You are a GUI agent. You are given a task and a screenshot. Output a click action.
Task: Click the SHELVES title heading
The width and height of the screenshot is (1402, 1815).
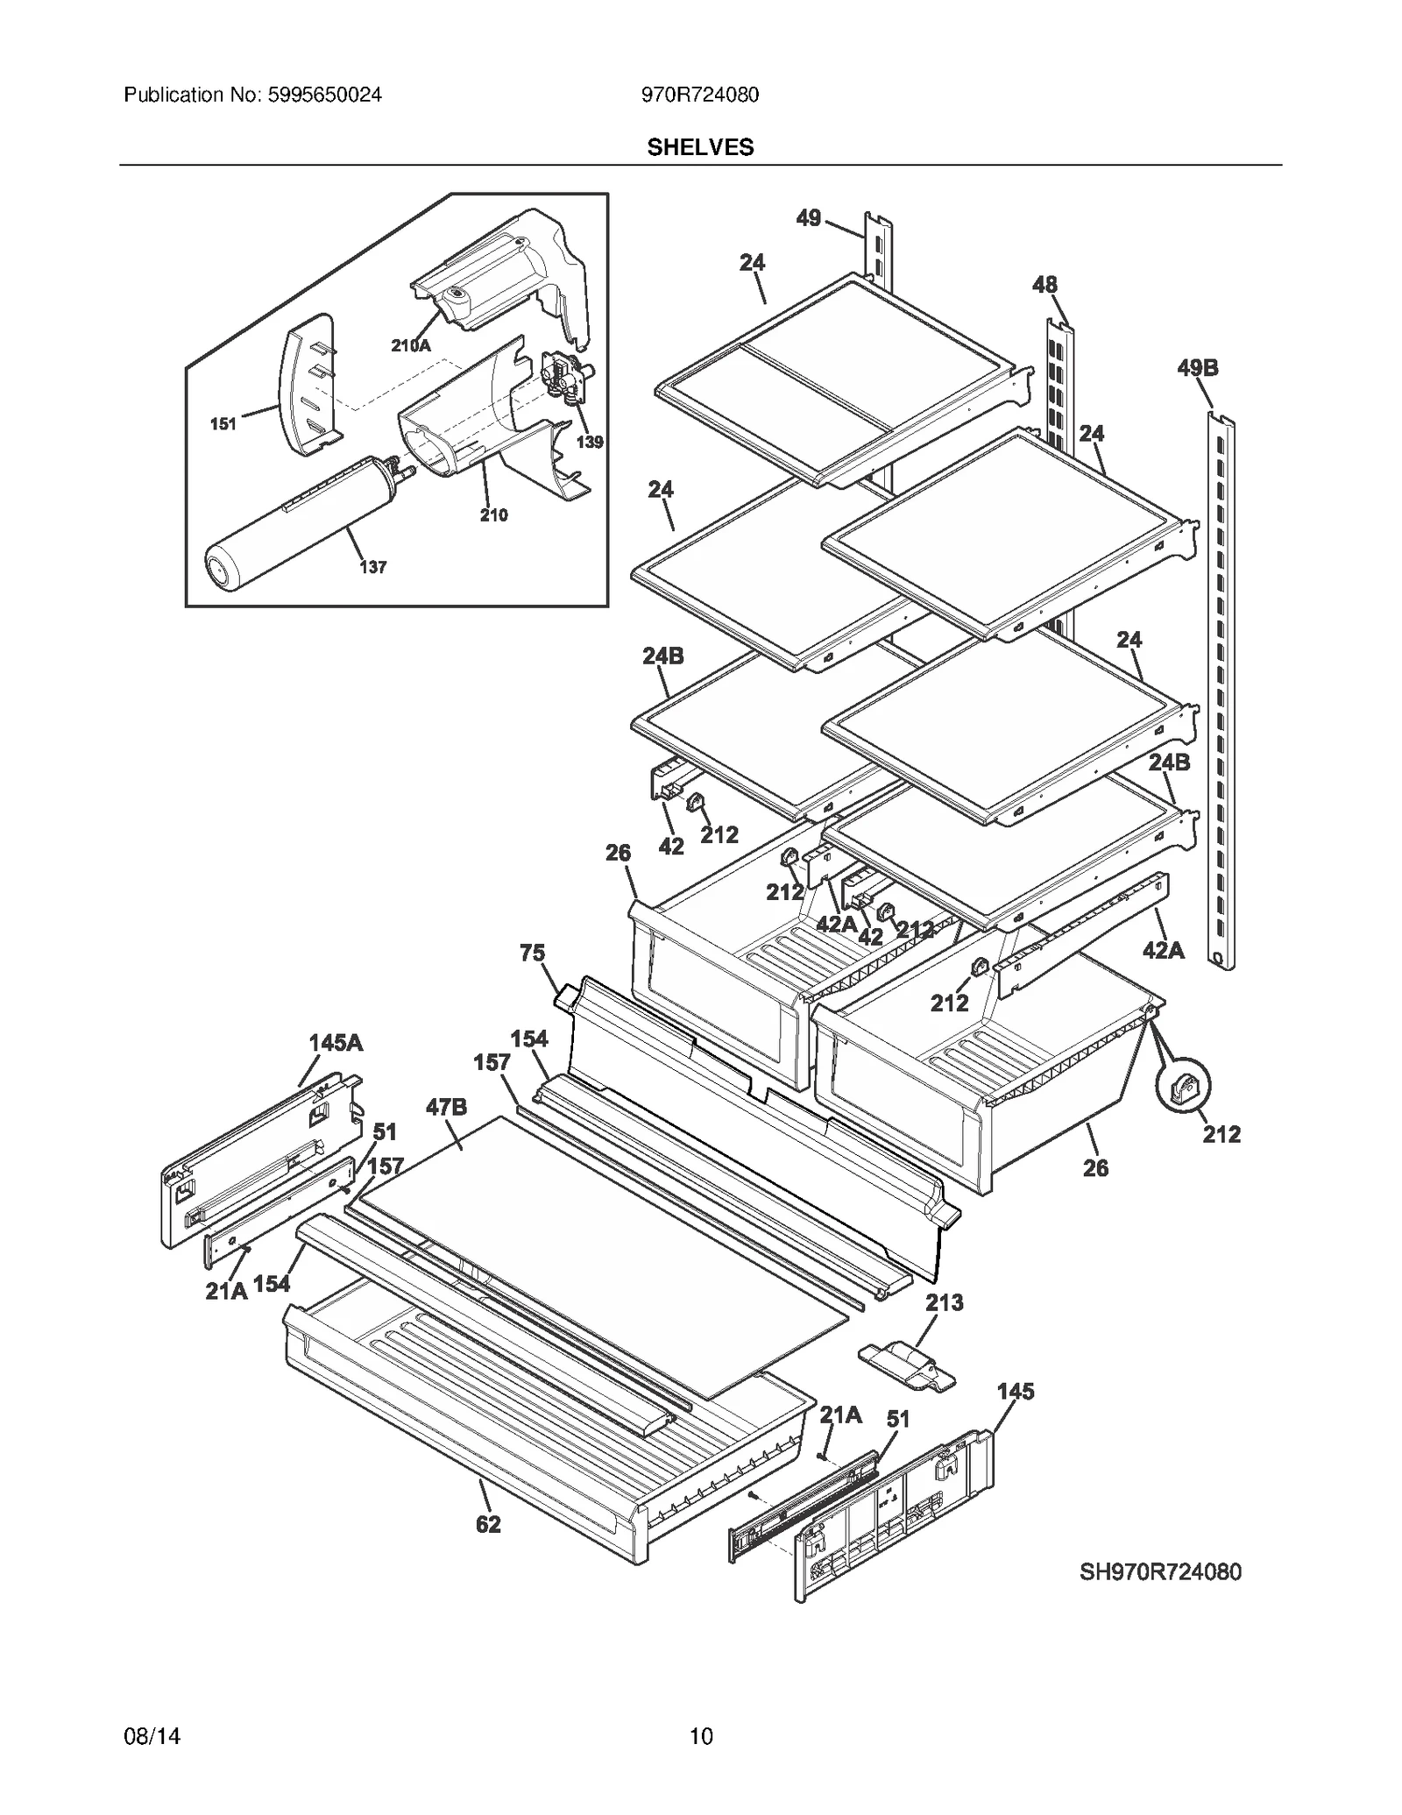pos(699,147)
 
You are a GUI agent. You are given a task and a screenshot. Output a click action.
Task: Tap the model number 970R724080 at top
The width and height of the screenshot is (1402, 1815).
pos(699,95)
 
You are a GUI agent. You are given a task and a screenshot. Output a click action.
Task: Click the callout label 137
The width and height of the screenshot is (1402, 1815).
pos(372,567)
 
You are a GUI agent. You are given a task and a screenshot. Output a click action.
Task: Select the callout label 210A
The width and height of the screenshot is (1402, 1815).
pos(410,345)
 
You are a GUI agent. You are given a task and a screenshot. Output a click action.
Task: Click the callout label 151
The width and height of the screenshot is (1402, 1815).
pos(223,424)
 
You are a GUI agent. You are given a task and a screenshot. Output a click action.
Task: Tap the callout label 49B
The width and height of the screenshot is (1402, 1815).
pos(1197,368)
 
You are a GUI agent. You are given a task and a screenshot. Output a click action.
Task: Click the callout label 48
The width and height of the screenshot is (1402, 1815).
pos(1044,284)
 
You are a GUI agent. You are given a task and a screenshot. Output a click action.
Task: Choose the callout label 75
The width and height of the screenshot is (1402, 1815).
pos(532,953)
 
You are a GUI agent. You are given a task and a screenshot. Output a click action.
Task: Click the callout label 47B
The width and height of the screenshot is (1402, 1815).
pos(446,1107)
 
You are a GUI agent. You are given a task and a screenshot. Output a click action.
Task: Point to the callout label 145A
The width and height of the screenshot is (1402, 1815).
pos(335,1043)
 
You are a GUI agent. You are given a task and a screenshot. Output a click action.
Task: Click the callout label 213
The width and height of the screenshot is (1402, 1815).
pos(944,1302)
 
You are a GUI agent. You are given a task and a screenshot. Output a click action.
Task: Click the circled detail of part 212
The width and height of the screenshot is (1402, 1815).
pos(1182,1087)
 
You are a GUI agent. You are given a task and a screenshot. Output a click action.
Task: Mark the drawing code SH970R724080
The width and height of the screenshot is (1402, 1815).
pos(1159,1571)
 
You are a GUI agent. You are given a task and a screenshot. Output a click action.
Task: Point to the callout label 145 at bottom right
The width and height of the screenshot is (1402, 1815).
pos(1015,1391)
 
